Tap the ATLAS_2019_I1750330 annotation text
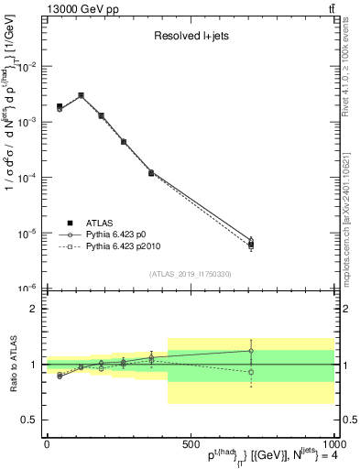191,274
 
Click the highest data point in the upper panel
81,95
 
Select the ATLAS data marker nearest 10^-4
151,172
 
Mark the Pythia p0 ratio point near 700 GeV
251,351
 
